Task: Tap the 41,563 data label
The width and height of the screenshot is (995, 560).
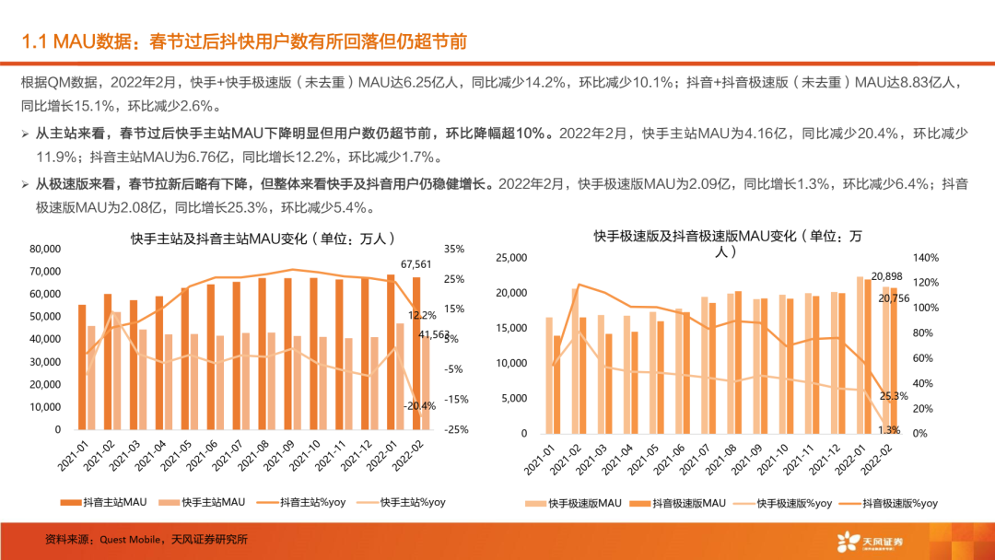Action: [426, 334]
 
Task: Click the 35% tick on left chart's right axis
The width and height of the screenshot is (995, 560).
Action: [454, 249]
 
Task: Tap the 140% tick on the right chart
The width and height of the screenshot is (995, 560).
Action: [924, 258]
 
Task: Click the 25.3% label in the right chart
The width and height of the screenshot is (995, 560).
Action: [891, 396]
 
